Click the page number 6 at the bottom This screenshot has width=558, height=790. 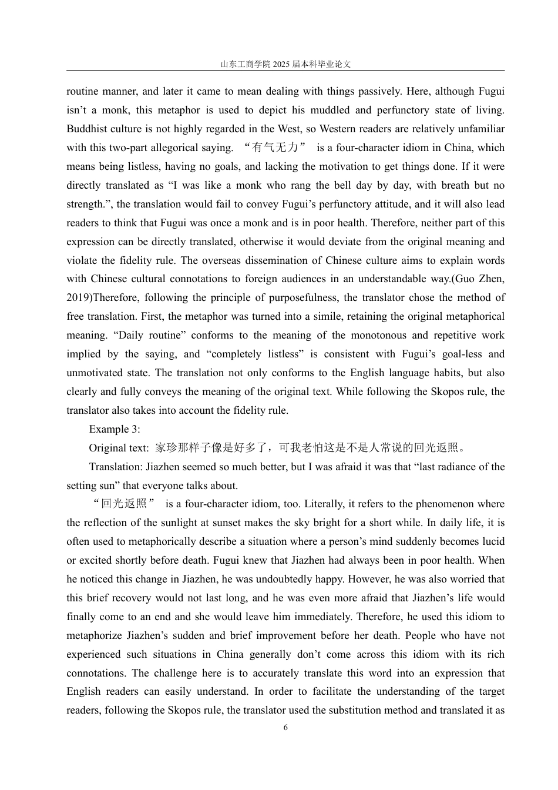[x=285, y=728]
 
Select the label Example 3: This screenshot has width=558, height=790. [x=115, y=429]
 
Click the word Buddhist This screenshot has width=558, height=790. [x=87, y=129]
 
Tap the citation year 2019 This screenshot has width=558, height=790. [x=78, y=297]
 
